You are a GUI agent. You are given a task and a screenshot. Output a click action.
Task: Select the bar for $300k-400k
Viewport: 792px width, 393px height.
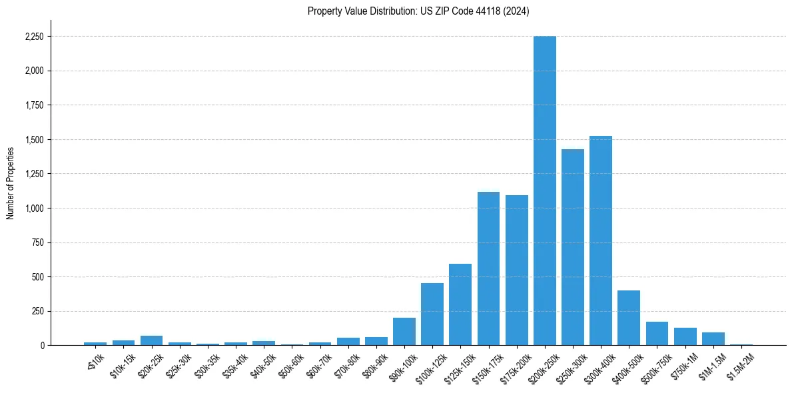click(x=601, y=240)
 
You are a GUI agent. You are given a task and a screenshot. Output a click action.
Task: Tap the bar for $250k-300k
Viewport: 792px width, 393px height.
click(x=573, y=247)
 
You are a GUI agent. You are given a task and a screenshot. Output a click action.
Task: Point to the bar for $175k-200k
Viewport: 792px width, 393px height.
click(x=516, y=270)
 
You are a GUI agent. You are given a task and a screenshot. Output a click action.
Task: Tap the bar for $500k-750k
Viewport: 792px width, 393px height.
click(x=657, y=334)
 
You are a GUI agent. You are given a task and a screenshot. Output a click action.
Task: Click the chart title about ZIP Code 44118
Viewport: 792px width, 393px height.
click(x=418, y=11)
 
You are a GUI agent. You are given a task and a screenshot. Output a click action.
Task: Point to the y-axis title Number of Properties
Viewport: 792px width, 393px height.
click(x=10, y=183)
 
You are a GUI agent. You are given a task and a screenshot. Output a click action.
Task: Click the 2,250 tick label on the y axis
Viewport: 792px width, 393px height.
click(x=33, y=37)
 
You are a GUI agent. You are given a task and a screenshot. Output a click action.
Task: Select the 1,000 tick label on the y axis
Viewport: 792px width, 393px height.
click(x=33, y=208)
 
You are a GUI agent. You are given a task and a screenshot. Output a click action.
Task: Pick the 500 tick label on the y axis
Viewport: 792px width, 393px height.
click(x=37, y=277)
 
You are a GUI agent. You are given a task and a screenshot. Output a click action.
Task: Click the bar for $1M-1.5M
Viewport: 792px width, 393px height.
click(x=713, y=339)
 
